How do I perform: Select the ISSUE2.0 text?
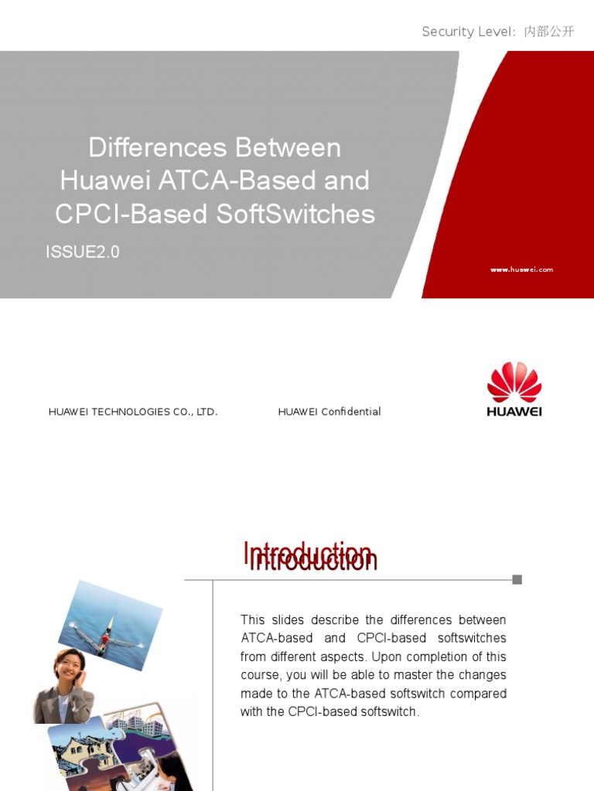[83, 252]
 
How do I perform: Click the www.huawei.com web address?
[522, 270]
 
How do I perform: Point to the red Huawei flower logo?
[514, 382]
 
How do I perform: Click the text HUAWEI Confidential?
[329, 412]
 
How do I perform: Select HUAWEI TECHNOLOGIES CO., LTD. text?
[133, 412]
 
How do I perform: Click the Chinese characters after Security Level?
[549, 32]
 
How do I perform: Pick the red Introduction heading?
[309, 556]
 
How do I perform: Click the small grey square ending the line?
[517, 579]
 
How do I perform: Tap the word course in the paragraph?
[261, 675]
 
